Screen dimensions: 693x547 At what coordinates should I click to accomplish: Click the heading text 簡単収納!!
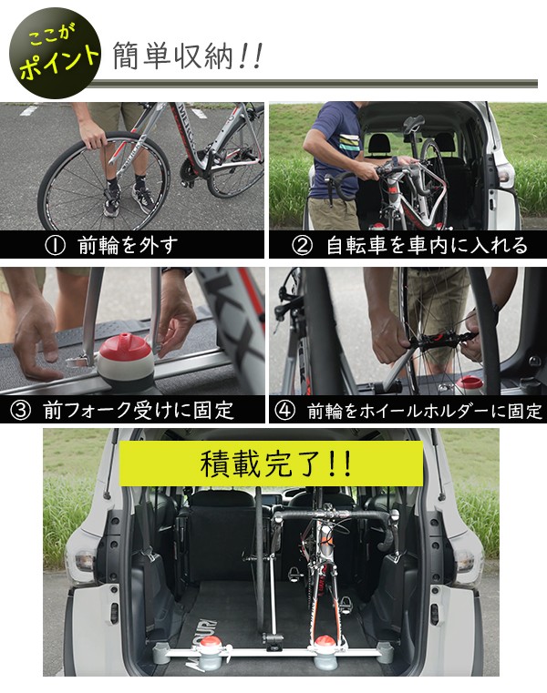click(188, 56)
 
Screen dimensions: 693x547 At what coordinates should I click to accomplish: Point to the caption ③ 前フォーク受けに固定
click(124, 410)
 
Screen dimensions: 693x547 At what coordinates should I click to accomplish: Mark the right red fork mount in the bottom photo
click(325, 645)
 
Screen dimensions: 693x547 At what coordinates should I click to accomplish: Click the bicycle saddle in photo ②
click(414, 124)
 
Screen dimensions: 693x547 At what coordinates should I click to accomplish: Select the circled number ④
click(285, 410)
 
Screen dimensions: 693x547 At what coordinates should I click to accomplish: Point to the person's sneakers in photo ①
click(128, 199)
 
